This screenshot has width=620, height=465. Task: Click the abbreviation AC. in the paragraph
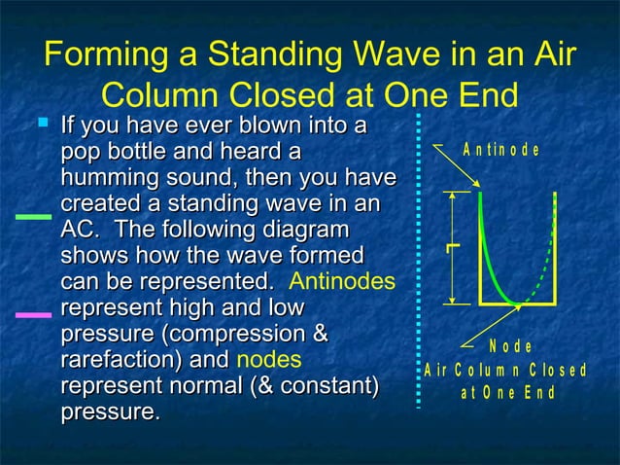coord(79,232)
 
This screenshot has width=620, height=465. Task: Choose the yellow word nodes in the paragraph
coord(269,360)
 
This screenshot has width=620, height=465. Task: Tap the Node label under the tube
coord(510,346)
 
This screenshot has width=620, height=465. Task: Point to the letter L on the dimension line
coord(450,250)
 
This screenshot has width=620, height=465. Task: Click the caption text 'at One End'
coord(506,393)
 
